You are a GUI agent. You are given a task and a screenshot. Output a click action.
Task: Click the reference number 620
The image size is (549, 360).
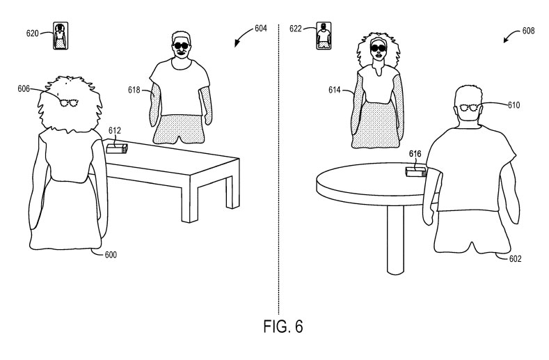click(x=32, y=33)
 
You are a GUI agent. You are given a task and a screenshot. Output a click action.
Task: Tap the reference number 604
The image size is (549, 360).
click(x=260, y=29)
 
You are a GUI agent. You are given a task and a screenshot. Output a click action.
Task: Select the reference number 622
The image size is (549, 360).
click(x=296, y=29)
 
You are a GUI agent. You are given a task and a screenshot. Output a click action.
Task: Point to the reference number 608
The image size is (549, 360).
click(x=528, y=31)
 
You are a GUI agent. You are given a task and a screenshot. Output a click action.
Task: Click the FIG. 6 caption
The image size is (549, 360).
click(x=283, y=327)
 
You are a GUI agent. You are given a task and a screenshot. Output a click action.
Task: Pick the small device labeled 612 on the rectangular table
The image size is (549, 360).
click(x=117, y=148)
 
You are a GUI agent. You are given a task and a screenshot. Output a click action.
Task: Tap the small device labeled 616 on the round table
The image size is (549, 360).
click(x=416, y=172)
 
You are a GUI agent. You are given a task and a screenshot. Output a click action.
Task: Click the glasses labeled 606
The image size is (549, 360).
click(x=69, y=103)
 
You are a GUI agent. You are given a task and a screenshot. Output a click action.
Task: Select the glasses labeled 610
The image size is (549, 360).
click(x=468, y=108)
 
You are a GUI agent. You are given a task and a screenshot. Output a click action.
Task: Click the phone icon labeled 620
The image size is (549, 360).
click(x=61, y=36)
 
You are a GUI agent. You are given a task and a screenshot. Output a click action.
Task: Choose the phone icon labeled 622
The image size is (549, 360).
click(x=324, y=36)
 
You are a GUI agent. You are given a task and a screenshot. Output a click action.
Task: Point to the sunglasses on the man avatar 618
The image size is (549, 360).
click(x=182, y=45)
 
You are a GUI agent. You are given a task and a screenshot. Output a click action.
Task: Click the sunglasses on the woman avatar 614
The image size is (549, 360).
click(x=379, y=47)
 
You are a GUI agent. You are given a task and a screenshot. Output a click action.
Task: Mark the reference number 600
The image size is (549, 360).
click(x=111, y=255)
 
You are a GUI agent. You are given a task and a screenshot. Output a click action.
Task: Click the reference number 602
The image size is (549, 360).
click(x=515, y=259)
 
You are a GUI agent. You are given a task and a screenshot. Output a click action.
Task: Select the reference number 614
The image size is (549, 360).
click(x=335, y=91)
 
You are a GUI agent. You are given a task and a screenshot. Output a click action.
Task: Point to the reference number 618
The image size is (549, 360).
click(x=134, y=91)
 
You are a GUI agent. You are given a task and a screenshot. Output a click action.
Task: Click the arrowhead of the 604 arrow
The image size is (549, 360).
click(x=237, y=44)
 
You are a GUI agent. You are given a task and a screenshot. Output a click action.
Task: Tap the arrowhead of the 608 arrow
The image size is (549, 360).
click(x=507, y=40)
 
